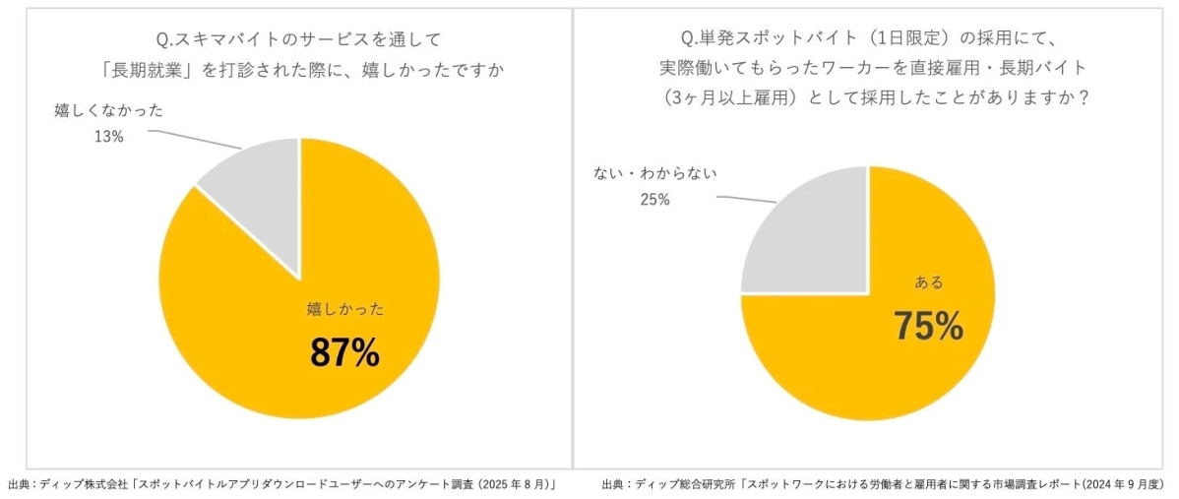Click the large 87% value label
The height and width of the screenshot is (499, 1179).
(x=344, y=353)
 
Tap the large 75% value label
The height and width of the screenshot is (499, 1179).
(x=927, y=327)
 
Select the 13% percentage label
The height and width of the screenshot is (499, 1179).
(x=108, y=137)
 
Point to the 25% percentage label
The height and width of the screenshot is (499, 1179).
(x=653, y=200)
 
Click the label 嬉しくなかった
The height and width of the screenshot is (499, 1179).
(x=108, y=111)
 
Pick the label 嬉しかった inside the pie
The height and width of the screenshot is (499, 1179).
(x=344, y=309)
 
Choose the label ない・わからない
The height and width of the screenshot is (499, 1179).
(x=654, y=173)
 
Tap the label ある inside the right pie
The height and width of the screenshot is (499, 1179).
(x=928, y=282)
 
